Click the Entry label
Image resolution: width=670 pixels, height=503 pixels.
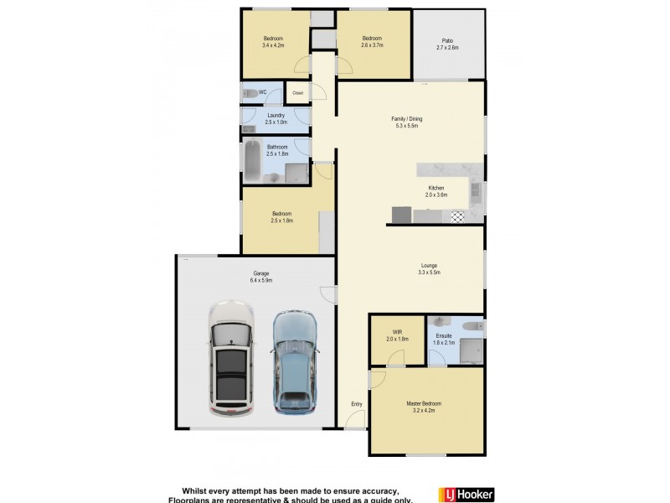tap(357, 404)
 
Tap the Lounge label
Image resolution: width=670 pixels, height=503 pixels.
tap(429, 266)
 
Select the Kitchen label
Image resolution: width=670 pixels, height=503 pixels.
tap(435, 188)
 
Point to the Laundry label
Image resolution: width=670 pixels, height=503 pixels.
tap(276, 116)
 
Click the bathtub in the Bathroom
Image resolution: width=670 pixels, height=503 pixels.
tap(254, 162)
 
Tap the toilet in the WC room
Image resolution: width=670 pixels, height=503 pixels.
tap(250, 92)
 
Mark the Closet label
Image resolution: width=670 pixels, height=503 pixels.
tap(296, 92)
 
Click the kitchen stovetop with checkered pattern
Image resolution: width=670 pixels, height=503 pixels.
tap(456, 216)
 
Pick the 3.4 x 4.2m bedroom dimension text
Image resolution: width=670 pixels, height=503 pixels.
tap(273, 46)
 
